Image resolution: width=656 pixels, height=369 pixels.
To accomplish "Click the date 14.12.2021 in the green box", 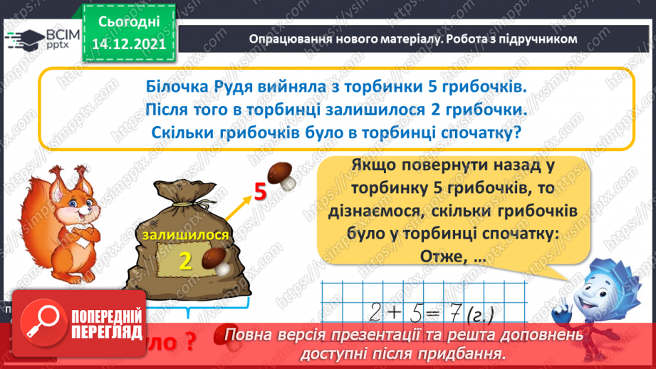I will pyautogui.click(x=128, y=43).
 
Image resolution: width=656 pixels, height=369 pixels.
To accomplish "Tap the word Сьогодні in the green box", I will pyautogui.click(x=128, y=22).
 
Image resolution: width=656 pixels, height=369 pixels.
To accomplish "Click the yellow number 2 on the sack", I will pyautogui.click(x=186, y=261).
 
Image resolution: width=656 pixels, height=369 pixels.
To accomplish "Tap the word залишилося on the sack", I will pyautogui.click(x=185, y=235).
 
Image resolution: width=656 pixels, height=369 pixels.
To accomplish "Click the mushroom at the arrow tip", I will pyautogui.click(x=282, y=176).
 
